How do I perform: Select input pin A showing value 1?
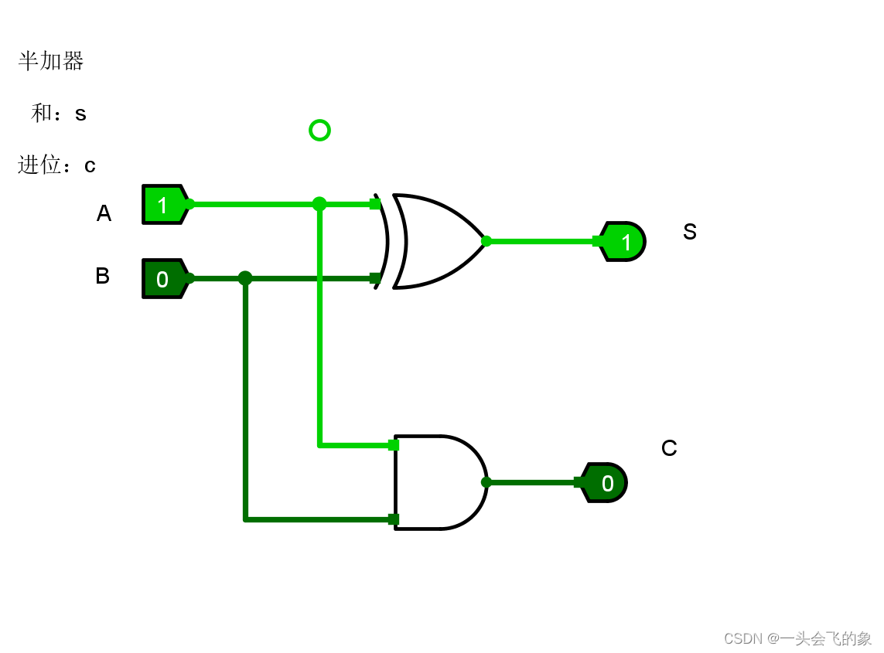164,205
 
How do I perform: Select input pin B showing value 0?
164,279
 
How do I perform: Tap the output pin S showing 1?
623,242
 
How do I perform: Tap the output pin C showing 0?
604,483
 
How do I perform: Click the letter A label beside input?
104,213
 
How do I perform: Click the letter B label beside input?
102,276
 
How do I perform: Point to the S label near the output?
690,232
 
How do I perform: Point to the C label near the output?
669,448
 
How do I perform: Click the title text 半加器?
51,61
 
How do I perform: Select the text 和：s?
59,114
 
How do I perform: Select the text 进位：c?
56,165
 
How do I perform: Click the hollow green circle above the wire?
319,130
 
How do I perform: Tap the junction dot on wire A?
319,204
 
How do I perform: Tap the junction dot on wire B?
245,278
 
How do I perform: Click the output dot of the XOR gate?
486,241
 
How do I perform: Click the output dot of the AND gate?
486,482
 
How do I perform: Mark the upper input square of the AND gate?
394,445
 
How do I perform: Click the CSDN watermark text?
797,638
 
